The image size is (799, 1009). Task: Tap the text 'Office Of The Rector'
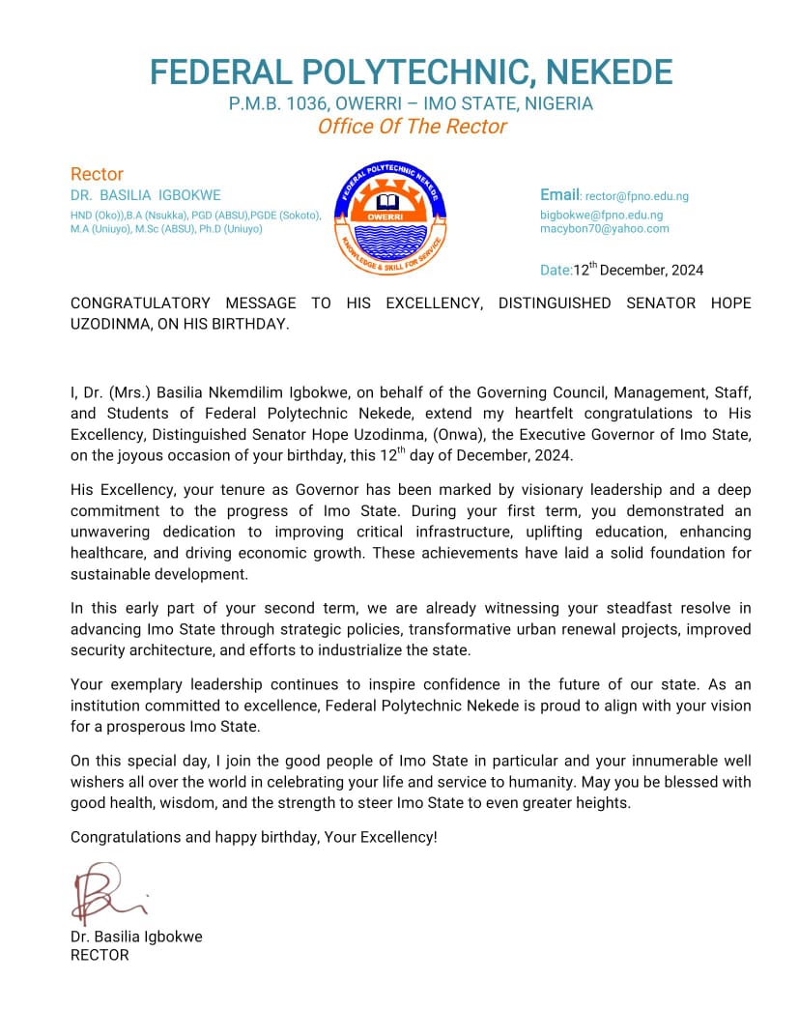coord(412,127)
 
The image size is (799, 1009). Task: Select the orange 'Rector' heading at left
coord(97,174)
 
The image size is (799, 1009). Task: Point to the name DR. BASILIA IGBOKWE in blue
coord(146,195)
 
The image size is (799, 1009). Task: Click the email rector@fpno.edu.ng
coord(637,196)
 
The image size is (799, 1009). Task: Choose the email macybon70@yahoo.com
coord(604,229)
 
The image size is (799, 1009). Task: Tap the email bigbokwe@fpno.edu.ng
coord(601,215)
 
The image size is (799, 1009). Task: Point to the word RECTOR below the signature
coord(100,955)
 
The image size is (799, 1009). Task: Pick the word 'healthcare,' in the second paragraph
coord(108,554)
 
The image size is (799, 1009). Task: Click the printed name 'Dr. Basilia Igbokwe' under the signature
coord(136,937)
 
